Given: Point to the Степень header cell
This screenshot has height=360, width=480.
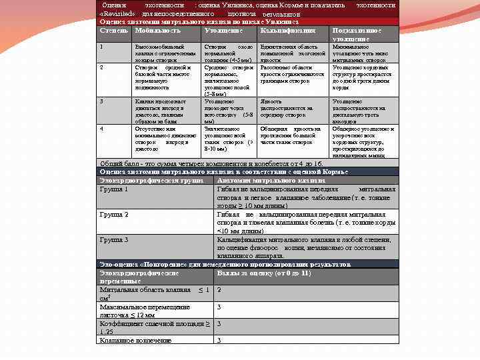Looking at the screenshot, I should pyautogui.click(x=113, y=31).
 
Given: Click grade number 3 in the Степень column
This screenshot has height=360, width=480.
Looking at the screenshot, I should pyautogui.click(x=101, y=101).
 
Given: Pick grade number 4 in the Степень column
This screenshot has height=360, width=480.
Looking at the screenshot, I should pyautogui.click(x=101, y=127).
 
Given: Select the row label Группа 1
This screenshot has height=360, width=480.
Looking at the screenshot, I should pyautogui.click(x=113, y=189).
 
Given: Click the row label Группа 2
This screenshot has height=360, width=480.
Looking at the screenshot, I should pyautogui.click(x=113, y=215).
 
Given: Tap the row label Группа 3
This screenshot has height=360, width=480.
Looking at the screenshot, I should pyautogui.click(x=113, y=239).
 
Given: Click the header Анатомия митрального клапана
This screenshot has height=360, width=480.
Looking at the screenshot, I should pyautogui.click(x=271, y=181).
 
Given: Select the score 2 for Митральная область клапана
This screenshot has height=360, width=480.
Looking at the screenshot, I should pyautogui.click(x=219, y=290).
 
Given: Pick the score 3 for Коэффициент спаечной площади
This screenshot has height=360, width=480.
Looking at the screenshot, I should pyautogui.click(x=219, y=324).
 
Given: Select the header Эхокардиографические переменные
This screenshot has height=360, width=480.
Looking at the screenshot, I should pyautogui.click(x=139, y=277).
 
